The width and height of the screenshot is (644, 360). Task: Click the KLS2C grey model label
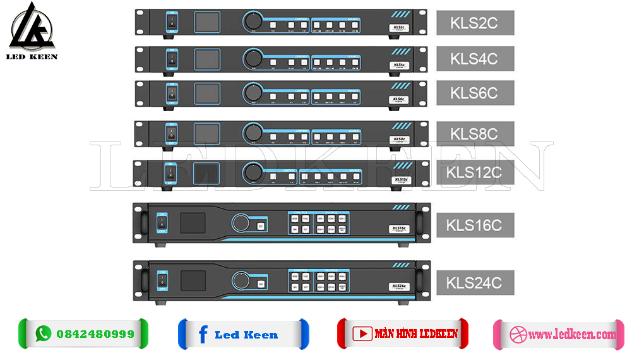coord(475,23)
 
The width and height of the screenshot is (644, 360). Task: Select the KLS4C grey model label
coord(475,59)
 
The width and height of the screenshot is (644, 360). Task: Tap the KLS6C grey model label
coord(475,93)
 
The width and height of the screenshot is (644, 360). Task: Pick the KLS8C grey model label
coord(475,134)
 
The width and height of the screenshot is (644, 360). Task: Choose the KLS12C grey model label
coord(475,172)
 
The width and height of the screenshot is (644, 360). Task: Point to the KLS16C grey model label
coord(475,225)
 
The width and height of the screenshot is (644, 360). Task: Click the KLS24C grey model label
coord(475,281)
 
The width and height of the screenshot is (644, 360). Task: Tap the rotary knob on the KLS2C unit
coord(253,22)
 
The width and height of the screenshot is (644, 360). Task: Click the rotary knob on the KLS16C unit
coord(241,223)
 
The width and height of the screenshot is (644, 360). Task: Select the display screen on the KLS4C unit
coord(206,59)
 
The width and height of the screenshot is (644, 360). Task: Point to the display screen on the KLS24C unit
coord(193,280)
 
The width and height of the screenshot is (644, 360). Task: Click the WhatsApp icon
coord(43,333)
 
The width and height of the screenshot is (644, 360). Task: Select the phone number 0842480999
coord(95,334)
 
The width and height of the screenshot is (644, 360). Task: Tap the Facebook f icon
coord(202,334)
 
